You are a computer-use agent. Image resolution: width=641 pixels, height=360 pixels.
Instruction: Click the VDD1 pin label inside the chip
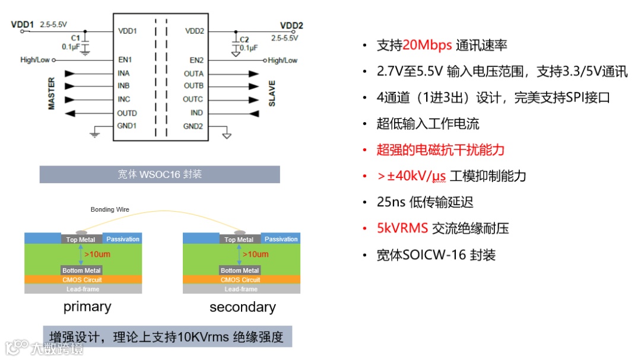click(x=128, y=31)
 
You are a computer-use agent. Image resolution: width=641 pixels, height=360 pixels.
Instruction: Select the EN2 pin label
click(x=196, y=60)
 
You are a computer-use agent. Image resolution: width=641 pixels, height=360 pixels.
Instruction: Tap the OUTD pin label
click(x=127, y=113)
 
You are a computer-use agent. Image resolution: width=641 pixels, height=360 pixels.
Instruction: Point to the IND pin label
click(x=196, y=113)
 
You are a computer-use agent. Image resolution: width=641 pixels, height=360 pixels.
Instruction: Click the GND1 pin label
click(x=127, y=126)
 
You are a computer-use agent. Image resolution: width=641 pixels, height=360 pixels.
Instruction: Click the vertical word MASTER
click(x=52, y=93)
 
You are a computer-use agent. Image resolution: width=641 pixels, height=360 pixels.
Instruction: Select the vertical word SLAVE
click(x=272, y=93)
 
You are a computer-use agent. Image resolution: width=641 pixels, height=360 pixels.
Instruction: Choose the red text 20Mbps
click(x=427, y=45)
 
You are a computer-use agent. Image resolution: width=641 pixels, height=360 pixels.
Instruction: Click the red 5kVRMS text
click(x=402, y=228)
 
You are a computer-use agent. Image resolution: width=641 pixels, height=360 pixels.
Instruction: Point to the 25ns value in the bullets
click(x=391, y=202)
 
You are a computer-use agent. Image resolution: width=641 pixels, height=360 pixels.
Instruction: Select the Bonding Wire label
click(x=110, y=209)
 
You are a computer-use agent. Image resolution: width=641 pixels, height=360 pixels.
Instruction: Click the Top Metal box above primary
click(x=80, y=240)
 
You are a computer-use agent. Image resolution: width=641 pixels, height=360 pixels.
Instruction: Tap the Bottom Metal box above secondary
click(x=240, y=270)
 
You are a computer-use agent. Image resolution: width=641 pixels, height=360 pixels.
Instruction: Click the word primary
click(x=87, y=307)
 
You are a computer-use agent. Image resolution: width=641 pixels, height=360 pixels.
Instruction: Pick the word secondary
click(x=242, y=307)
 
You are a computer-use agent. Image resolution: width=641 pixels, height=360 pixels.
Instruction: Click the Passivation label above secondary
click(x=281, y=239)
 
